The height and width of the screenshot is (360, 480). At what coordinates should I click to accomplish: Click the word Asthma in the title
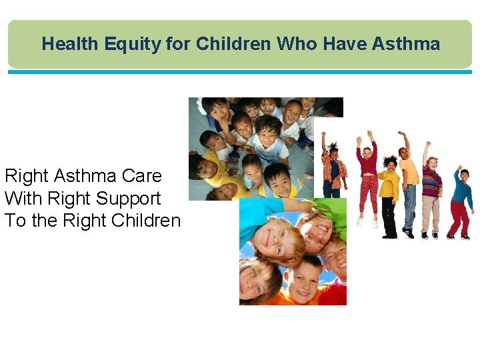click(406, 44)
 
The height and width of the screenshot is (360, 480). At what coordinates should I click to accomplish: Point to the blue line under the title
click(240, 72)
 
